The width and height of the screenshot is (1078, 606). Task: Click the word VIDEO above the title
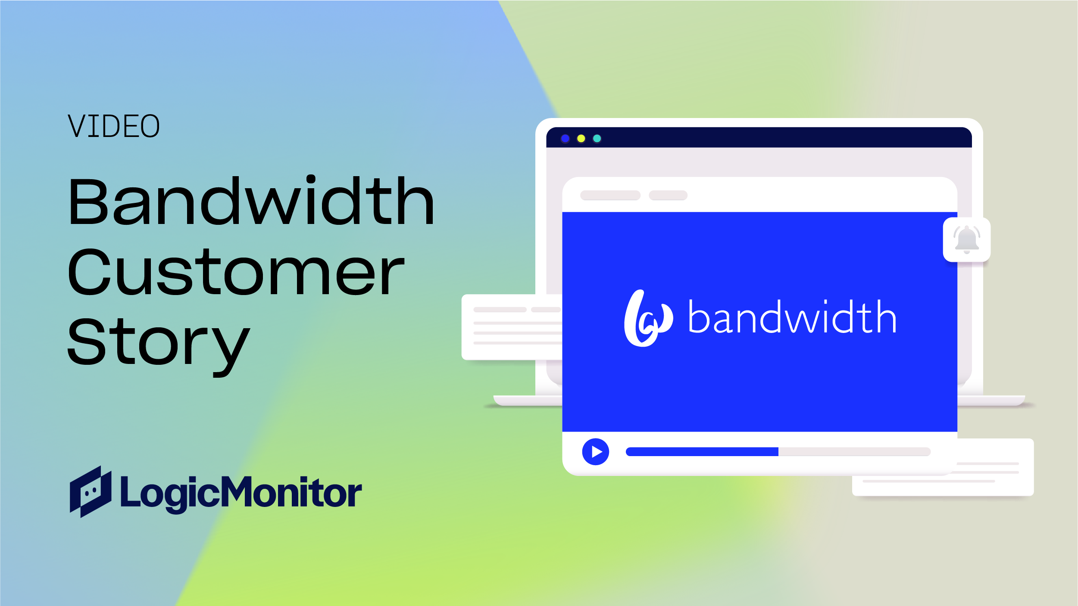(113, 126)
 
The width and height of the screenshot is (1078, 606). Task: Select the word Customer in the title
(236, 272)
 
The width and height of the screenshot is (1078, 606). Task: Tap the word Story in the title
(158, 342)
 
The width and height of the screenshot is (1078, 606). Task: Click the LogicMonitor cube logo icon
(91, 491)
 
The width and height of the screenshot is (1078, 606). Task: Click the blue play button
(595, 452)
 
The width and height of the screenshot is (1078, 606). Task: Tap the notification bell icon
(966, 239)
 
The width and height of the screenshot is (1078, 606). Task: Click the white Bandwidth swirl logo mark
(646, 318)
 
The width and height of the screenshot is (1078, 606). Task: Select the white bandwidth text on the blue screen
(792, 317)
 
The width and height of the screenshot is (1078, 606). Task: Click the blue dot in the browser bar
(565, 139)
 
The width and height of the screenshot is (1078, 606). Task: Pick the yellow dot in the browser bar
(581, 139)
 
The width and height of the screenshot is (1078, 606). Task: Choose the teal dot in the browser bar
(597, 139)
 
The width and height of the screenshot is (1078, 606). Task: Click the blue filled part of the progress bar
(702, 452)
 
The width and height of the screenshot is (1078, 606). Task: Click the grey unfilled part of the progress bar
(853, 452)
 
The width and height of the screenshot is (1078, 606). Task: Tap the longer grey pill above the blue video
(610, 196)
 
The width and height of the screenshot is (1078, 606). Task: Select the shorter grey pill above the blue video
(668, 196)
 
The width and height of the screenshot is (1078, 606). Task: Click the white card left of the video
(511, 327)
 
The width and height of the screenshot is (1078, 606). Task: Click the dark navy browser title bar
(776, 138)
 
